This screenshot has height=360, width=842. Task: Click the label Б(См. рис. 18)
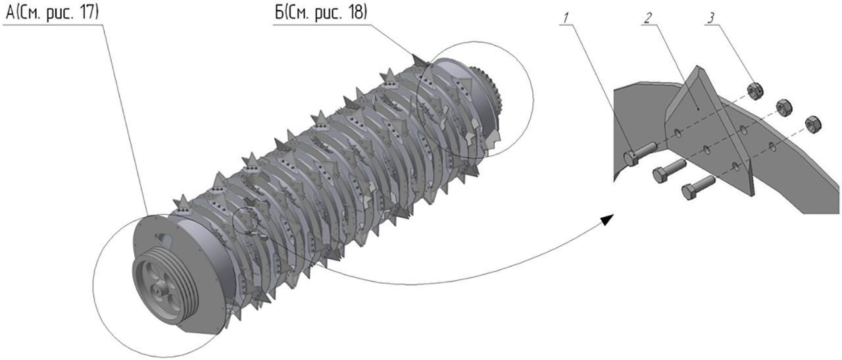pos(320,13)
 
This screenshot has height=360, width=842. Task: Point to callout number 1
pos(567,17)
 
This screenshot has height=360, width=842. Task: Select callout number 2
pos(647,17)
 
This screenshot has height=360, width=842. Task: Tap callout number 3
pos(710,17)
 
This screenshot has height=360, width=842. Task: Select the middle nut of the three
pos(783,108)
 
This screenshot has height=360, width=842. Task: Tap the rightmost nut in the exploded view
pos(812,125)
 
